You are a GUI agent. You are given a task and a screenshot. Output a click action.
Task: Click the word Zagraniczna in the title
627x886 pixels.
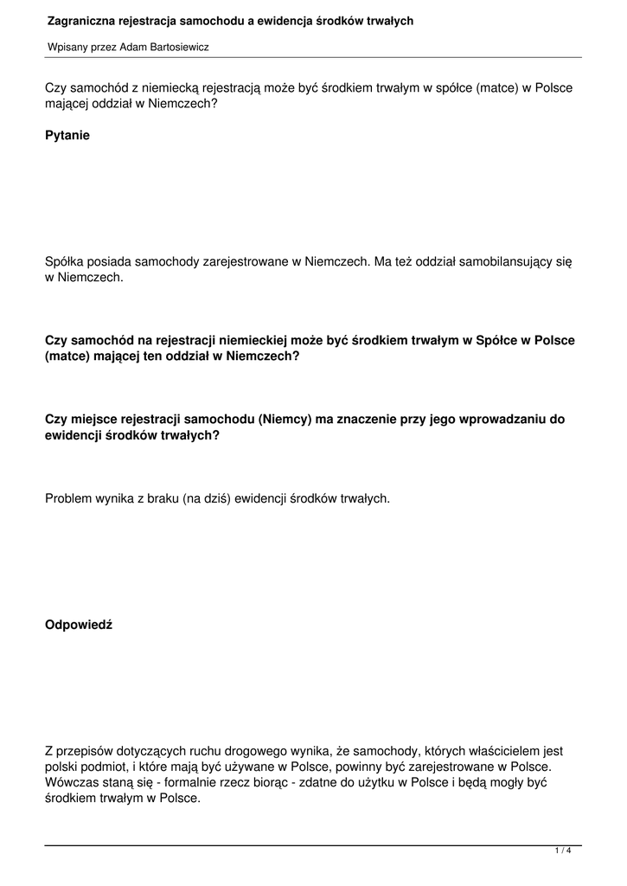pyautogui.click(x=80, y=20)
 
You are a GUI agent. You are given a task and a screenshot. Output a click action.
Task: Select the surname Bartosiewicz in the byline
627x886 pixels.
pyautogui.click(x=178, y=48)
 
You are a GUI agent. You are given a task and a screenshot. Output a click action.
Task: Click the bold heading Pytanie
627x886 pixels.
pyautogui.click(x=67, y=135)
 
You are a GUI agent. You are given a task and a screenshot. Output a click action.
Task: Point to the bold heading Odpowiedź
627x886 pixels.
pyautogui.click(x=79, y=626)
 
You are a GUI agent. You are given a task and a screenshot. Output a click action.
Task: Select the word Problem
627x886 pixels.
pyautogui.click(x=69, y=499)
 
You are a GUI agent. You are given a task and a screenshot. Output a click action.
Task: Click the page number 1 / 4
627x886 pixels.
pyautogui.click(x=563, y=851)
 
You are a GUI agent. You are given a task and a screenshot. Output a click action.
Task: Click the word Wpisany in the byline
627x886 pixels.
pyautogui.click(x=67, y=48)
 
